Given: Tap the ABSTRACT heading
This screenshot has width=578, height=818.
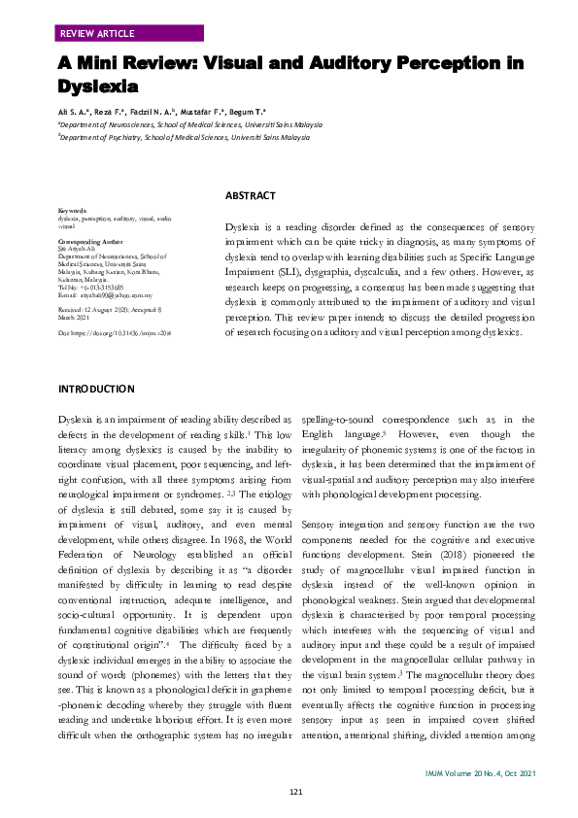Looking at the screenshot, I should pos(250,196).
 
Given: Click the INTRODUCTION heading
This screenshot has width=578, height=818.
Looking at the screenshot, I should pos(97,390).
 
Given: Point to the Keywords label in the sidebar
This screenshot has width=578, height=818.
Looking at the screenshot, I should pos(73,210).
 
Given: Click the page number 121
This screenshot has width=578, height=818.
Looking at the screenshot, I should pos(297,793).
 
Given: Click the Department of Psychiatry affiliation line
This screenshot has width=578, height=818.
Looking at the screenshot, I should pos(185,138).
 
